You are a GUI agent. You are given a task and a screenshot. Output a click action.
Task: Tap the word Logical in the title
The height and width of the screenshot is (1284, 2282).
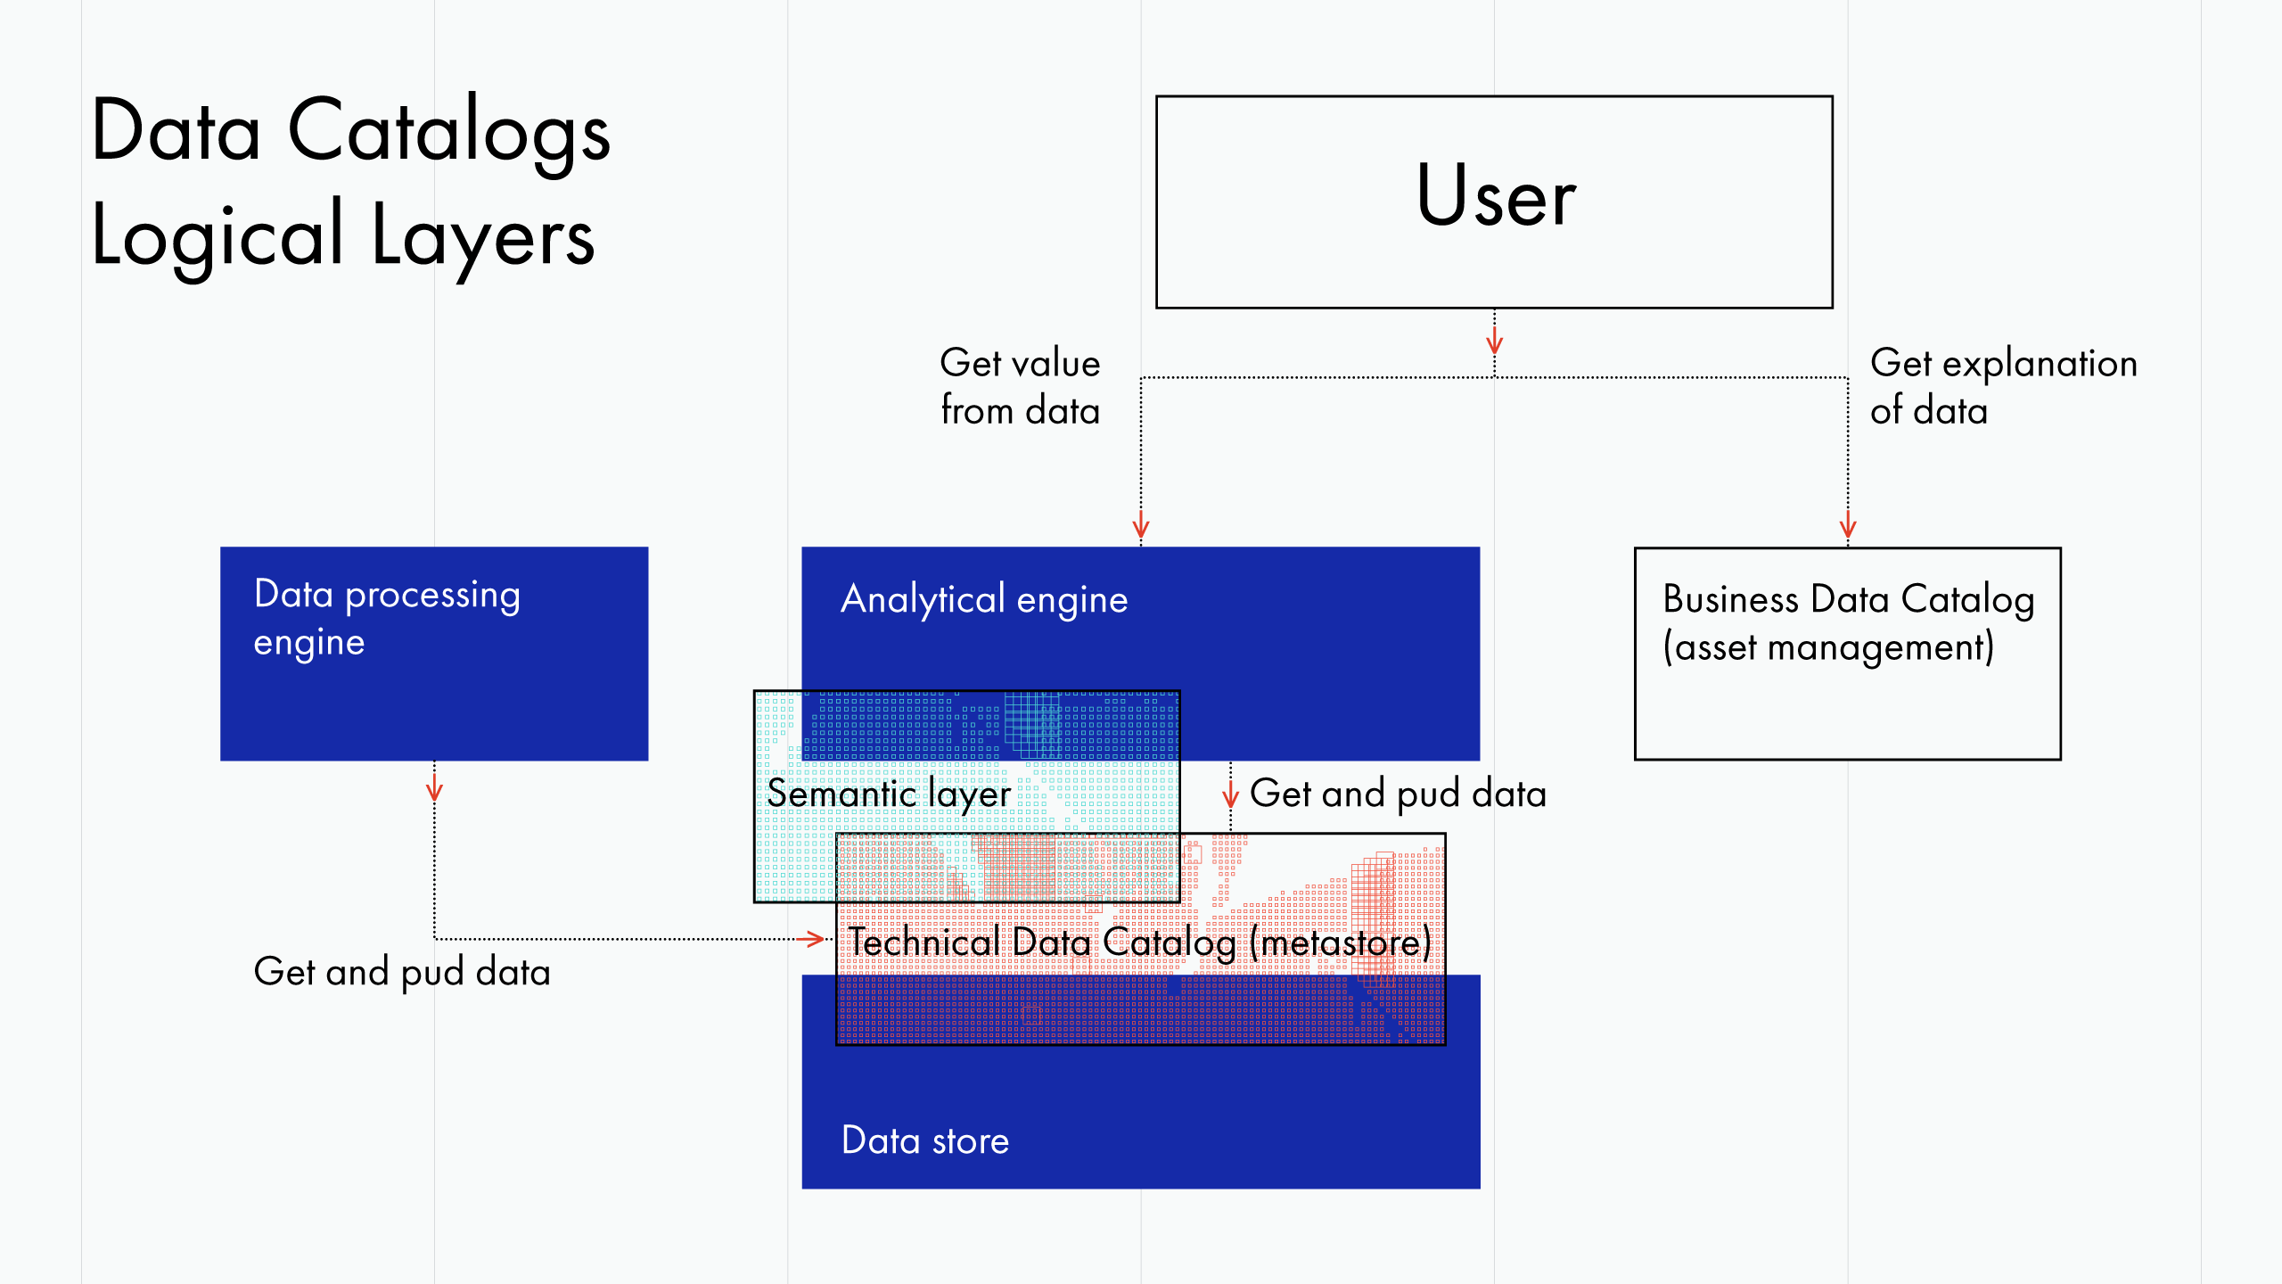[218, 237]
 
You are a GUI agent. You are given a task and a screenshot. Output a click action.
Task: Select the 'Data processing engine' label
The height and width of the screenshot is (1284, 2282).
[386, 617]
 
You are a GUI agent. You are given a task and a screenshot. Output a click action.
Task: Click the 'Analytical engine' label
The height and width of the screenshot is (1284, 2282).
[984, 599]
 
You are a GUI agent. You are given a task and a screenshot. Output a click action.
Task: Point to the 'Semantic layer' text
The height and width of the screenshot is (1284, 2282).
[888, 794]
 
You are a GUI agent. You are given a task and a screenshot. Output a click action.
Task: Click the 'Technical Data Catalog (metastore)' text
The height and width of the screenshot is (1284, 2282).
[1138, 942]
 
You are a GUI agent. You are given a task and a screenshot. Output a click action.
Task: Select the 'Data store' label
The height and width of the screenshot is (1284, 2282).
[924, 1140]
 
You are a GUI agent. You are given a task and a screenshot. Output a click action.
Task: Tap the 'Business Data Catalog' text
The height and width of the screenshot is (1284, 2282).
[1848, 599]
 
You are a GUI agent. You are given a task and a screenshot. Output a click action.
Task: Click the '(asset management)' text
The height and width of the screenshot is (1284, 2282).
[1827, 647]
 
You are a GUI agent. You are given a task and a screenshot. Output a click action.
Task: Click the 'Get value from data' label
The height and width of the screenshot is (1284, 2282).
[1020, 387]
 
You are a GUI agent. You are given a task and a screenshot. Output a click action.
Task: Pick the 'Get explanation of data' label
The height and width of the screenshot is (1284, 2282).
[2002, 387]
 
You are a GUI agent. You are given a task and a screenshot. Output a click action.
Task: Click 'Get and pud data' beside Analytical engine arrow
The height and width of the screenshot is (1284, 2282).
[1397, 794]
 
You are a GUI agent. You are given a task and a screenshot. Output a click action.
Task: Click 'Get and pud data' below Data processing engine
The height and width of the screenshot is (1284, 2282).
[401, 972]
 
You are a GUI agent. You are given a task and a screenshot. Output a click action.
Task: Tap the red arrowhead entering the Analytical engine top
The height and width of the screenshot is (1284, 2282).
[1140, 528]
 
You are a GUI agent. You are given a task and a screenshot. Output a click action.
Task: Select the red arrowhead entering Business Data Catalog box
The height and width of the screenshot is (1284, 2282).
[1847, 527]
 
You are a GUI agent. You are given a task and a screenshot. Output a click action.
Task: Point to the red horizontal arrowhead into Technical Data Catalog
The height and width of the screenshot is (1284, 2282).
[813, 938]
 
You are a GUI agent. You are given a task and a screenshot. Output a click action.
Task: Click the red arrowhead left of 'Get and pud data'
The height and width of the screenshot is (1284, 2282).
[1230, 796]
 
